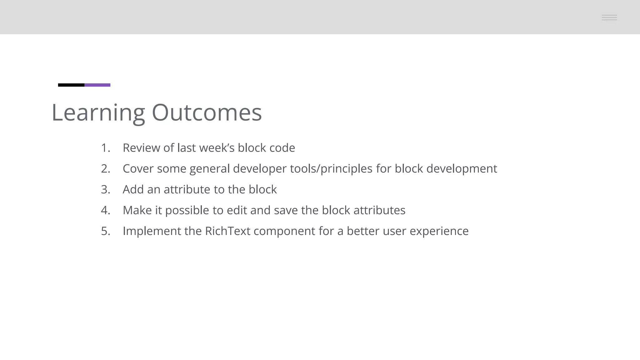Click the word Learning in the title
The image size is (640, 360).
click(98, 113)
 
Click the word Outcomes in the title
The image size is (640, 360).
click(207, 113)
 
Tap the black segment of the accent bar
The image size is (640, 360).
click(71, 85)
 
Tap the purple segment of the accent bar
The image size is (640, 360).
click(97, 85)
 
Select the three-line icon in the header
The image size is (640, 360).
click(609, 17)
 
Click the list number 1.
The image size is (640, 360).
click(105, 148)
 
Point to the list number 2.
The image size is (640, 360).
click(105, 169)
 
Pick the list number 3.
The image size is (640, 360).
click(105, 190)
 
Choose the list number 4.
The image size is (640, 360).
click(105, 211)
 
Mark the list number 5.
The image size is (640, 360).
click(105, 232)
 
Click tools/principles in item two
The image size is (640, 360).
click(331, 169)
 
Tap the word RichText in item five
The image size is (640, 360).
click(227, 232)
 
